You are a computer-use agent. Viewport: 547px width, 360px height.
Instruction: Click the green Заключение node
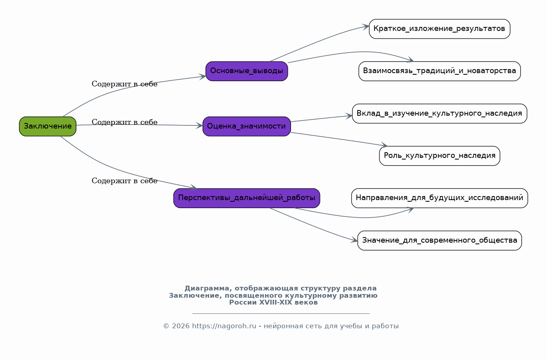tap(47, 126)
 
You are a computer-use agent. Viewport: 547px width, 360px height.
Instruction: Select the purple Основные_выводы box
tap(246, 71)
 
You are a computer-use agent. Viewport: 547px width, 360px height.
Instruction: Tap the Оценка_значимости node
tap(246, 126)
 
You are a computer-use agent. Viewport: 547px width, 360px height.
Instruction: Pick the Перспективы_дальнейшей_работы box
tap(246, 198)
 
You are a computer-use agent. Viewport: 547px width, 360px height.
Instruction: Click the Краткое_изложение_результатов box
tap(439, 29)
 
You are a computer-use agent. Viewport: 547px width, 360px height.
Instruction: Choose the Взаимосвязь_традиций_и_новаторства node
tap(439, 71)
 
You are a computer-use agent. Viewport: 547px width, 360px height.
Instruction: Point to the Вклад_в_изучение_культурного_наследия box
tap(439, 113)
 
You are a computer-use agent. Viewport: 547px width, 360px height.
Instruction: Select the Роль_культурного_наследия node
tap(439, 156)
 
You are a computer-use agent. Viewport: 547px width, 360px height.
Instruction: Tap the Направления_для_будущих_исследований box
tap(439, 198)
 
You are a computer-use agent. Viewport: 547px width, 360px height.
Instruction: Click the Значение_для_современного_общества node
tap(439, 240)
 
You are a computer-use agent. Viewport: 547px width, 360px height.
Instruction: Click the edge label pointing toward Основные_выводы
tap(125, 84)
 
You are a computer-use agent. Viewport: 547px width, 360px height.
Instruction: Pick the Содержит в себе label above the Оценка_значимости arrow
tap(125, 122)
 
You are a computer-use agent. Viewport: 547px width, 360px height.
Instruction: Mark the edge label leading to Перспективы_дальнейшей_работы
tap(125, 181)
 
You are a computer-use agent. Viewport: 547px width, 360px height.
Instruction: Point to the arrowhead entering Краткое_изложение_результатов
tap(366, 27)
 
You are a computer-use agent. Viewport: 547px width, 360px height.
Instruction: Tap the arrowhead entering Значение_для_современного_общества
tap(355, 241)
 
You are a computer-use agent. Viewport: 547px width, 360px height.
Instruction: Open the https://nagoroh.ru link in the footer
tap(224, 326)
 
